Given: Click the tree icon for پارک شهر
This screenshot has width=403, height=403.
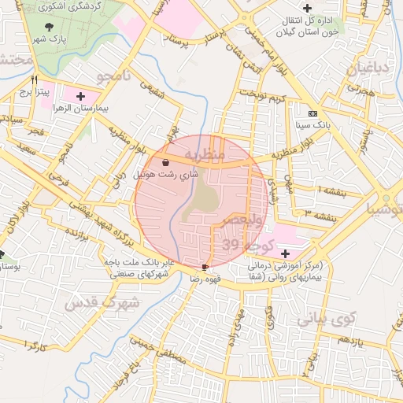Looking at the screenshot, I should tap(50, 25).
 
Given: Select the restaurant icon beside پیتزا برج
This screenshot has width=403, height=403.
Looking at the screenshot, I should tap(34, 79).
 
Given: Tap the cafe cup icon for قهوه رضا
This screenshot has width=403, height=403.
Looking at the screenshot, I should tap(205, 268).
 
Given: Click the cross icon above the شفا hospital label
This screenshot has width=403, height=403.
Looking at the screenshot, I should tap(285, 253).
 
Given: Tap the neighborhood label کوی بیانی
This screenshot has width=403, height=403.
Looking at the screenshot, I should tap(327, 320).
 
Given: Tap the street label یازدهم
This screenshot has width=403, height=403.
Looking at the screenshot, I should tap(347, 340).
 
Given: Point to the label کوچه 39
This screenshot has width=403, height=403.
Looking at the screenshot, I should tap(248, 246).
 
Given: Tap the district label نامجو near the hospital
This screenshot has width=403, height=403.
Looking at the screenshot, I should tap(113, 76).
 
